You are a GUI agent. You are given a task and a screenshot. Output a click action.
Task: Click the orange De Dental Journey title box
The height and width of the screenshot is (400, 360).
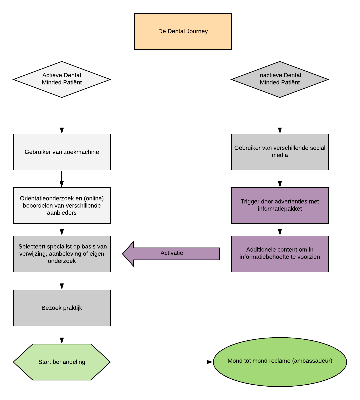(x=183, y=31)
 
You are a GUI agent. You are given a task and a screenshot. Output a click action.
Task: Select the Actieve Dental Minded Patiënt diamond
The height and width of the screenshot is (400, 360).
(x=62, y=79)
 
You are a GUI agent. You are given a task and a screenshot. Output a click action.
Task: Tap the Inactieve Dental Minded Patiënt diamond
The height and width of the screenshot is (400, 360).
(x=280, y=79)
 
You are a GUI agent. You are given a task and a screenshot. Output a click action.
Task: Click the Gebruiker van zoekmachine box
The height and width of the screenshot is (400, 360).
(x=62, y=152)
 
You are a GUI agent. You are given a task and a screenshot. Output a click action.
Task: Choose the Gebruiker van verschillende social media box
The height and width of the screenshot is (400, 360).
(x=280, y=152)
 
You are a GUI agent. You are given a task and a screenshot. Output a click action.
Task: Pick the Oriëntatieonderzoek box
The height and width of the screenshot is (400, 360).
(x=62, y=206)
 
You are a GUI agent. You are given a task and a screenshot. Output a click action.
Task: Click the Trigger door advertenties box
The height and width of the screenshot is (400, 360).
(x=280, y=206)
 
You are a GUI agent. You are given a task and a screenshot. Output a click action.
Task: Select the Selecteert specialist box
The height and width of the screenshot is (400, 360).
(x=62, y=254)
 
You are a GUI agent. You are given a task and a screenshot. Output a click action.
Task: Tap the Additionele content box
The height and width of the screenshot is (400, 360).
(x=280, y=254)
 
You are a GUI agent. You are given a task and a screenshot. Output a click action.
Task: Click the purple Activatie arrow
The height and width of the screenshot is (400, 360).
(x=172, y=254)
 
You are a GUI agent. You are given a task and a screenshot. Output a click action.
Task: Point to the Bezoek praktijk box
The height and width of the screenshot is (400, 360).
(x=62, y=308)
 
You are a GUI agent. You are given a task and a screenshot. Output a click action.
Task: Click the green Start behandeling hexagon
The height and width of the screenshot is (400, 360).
(x=62, y=362)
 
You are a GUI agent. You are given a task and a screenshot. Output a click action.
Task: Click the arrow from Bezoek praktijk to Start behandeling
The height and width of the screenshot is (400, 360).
(x=62, y=335)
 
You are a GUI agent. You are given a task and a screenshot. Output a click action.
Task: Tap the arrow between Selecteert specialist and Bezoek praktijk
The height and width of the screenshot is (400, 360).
(x=62, y=281)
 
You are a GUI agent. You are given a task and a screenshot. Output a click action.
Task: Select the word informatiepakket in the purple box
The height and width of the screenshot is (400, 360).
(x=280, y=209)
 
